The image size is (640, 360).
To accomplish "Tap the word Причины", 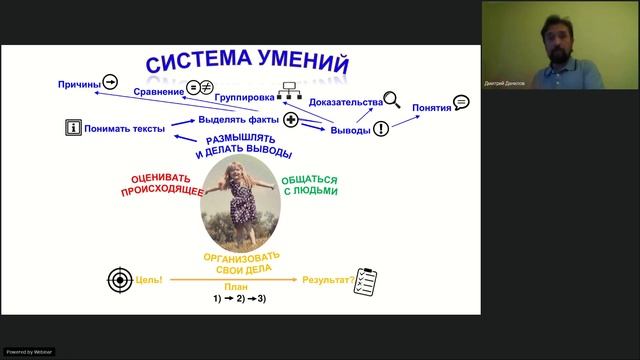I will point(79,85).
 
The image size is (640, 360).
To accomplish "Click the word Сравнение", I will point(158,92).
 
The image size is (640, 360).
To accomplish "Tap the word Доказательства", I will point(346,102).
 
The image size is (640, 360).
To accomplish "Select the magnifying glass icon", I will point(392,99).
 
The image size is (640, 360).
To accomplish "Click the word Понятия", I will point(431,107).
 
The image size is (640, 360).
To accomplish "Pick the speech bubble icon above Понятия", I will point(461,101).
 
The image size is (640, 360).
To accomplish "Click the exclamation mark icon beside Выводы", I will point(381,130).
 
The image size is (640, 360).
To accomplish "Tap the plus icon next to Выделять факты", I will point(291,120).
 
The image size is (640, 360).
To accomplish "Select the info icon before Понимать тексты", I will point(72,127).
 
